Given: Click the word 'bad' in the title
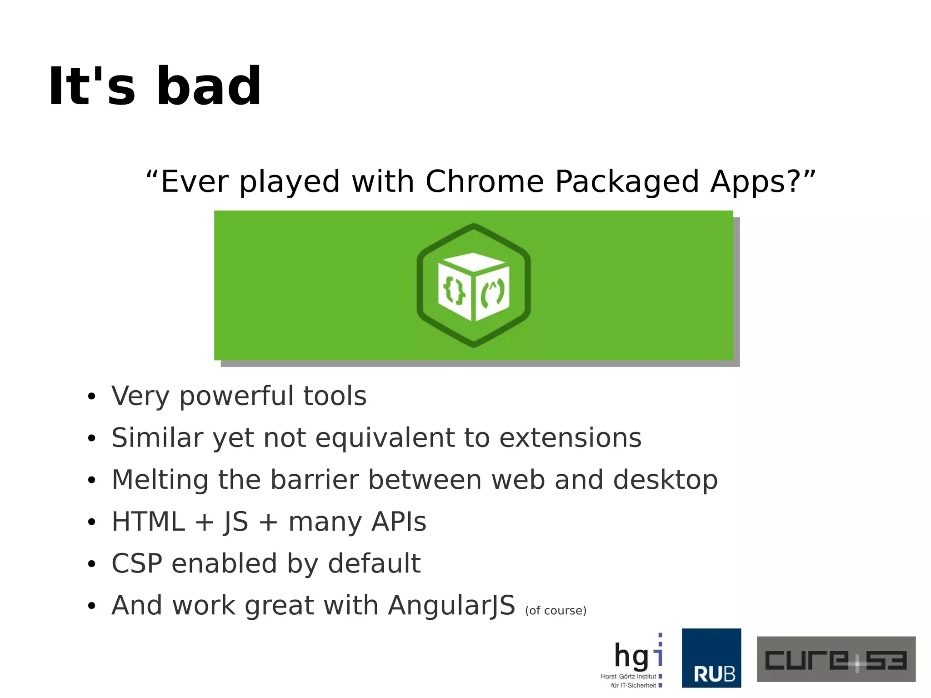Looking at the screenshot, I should [x=209, y=86].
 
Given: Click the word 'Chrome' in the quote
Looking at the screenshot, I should [x=484, y=182].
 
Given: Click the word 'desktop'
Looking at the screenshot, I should [x=665, y=481].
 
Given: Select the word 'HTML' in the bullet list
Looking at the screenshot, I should [x=148, y=522].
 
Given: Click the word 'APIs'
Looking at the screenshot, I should [x=399, y=522].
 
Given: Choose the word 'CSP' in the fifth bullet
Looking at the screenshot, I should [x=136, y=563].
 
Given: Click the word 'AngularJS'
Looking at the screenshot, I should [x=451, y=606].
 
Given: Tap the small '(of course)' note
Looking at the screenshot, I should [x=556, y=610].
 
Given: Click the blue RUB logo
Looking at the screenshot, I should [x=711, y=658].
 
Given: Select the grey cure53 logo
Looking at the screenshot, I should [x=836, y=659].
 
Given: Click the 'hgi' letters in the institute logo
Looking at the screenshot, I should [x=636, y=656].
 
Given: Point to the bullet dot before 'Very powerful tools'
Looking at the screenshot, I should [x=92, y=397].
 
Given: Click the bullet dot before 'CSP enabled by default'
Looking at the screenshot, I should [x=92, y=564].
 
